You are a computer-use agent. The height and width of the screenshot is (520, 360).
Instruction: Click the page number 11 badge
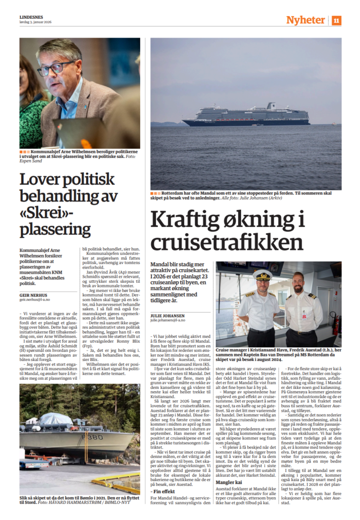337,20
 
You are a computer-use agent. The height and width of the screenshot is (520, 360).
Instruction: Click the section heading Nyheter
305,20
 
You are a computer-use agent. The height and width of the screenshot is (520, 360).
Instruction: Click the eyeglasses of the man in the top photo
55,68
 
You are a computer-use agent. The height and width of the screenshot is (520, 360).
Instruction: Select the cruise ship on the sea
246,116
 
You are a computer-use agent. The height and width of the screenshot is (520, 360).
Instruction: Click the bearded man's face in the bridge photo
298,282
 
